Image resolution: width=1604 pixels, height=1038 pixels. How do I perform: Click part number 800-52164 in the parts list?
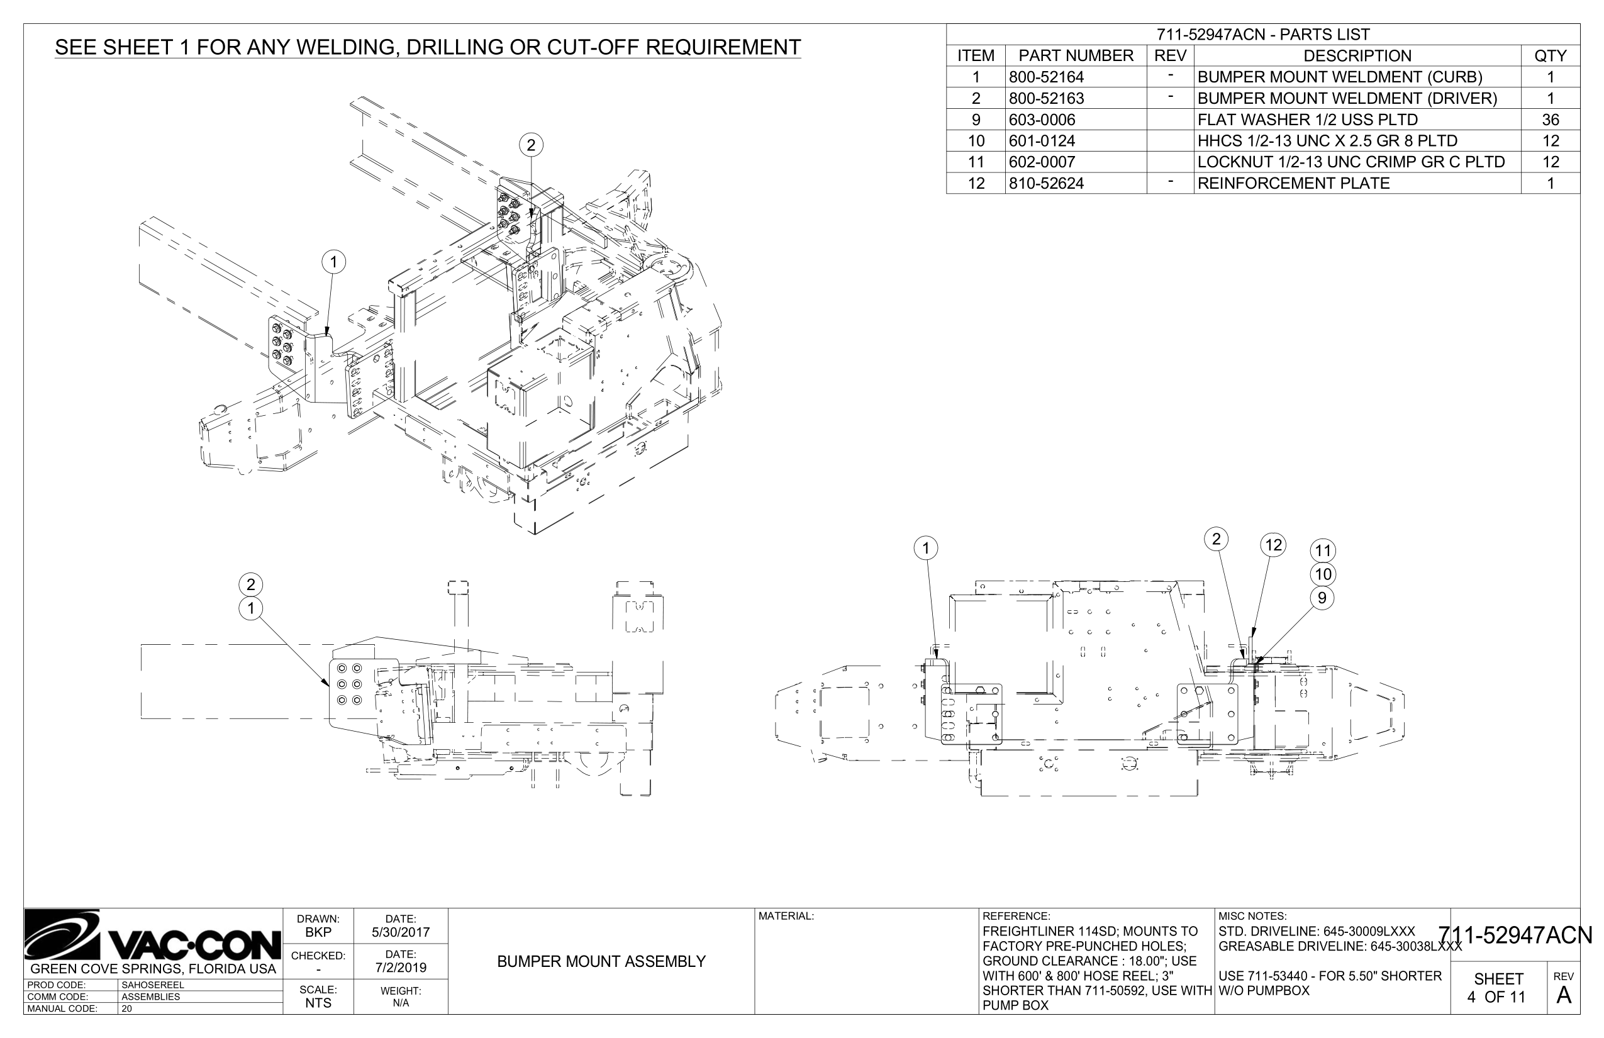click(x=1046, y=77)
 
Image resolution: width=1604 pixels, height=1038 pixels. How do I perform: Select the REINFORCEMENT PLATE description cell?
click(x=1293, y=183)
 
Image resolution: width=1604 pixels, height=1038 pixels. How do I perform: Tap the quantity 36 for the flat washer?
click(x=1550, y=120)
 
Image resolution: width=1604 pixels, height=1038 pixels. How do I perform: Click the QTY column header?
click(x=1550, y=56)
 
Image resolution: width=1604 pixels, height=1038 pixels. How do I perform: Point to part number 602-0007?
click(x=1042, y=162)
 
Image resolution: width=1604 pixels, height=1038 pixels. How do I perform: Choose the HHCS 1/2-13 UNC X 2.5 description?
click(x=1327, y=141)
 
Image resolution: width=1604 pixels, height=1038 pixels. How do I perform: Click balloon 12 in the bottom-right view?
click(x=1273, y=545)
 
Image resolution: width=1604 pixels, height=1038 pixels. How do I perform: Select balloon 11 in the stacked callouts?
click(x=1323, y=550)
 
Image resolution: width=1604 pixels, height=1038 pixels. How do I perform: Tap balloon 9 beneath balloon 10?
click(x=1322, y=598)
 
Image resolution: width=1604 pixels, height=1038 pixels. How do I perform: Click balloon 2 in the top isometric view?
click(x=531, y=145)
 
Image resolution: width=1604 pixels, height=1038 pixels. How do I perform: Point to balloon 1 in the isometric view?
click(x=333, y=262)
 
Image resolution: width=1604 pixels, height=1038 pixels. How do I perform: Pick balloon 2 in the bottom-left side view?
click(x=251, y=584)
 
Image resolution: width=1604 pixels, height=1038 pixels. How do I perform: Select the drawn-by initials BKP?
click(x=318, y=932)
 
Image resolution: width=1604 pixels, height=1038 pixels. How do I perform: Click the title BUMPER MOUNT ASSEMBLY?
click(x=601, y=962)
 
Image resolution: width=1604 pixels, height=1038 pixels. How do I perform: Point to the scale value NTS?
click(x=318, y=1003)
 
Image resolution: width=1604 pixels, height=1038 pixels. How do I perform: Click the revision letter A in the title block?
click(x=1564, y=995)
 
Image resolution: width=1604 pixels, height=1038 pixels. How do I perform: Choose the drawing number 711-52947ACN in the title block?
click(x=1515, y=935)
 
